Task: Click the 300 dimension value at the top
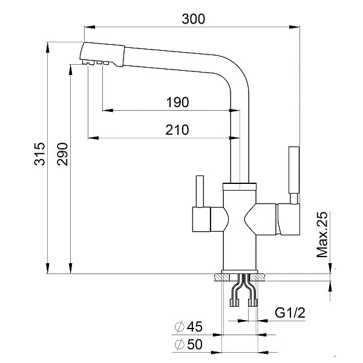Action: point(193,19)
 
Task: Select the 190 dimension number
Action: point(177,102)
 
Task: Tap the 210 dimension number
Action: point(177,129)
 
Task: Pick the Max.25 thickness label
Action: point(322,234)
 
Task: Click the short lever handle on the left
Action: point(198,192)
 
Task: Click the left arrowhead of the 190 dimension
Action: point(105,110)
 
